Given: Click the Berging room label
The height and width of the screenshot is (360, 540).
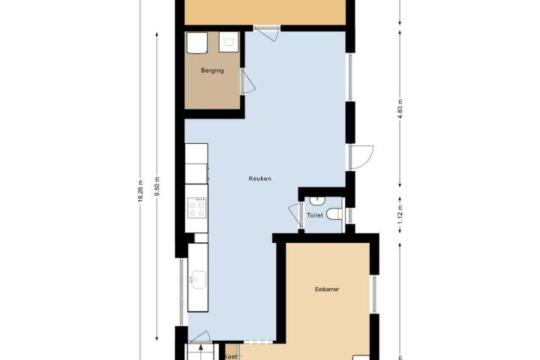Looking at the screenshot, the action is (212, 70).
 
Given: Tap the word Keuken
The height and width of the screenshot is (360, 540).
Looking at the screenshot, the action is (259, 178).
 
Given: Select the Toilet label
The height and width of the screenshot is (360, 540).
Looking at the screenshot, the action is (315, 215).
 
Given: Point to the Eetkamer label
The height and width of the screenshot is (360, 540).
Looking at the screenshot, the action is (327, 289).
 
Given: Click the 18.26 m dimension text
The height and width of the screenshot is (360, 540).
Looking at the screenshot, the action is (140, 190).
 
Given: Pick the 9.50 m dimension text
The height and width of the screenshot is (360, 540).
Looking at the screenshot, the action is (157, 186).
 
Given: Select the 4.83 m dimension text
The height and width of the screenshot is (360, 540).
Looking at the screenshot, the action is (400, 109).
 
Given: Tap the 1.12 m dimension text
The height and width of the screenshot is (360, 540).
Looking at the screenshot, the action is (400, 214).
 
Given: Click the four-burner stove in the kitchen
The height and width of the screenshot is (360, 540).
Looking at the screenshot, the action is (197, 208).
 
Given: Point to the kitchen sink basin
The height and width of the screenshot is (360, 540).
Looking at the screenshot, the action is (198, 280).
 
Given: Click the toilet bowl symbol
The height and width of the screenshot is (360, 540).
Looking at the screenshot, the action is (334, 214).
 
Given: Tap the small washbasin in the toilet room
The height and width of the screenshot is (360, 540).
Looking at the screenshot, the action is (316, 200).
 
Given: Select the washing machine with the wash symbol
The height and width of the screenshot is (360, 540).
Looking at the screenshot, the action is (229, 42).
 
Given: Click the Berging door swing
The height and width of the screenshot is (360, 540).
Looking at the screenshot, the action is (248, 81).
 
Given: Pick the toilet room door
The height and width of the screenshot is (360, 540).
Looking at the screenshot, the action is (295, 216).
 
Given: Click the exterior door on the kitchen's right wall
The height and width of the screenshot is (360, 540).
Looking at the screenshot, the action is (361, 157).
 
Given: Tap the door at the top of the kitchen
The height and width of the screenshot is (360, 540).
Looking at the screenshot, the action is (266, 33).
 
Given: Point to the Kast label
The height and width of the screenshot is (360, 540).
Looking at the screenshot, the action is (230, 356).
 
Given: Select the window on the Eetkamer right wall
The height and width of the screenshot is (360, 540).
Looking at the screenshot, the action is (374, 294).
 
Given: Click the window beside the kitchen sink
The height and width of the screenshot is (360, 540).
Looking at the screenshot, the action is (181, 292).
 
